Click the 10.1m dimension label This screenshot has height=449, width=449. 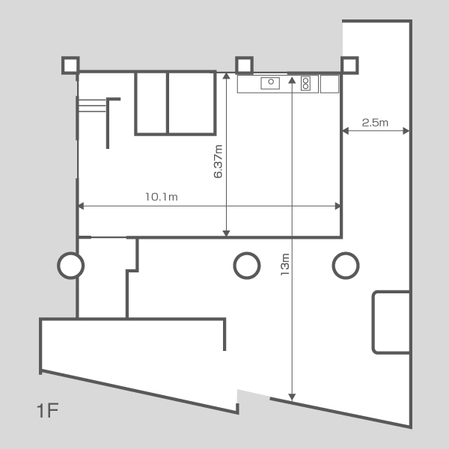162,197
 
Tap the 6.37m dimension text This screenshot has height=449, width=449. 219,162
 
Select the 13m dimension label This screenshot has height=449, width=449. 285,264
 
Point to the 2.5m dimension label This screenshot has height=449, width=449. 375,123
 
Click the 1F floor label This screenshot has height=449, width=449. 48,410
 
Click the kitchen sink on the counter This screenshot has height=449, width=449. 270,83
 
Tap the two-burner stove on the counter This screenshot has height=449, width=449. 305,84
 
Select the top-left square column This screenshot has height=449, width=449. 70,66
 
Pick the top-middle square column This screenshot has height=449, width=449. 244,65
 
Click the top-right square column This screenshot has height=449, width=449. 349,65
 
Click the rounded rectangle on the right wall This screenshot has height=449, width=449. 373,323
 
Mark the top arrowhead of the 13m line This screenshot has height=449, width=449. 292,80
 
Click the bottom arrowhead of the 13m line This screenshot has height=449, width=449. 292,397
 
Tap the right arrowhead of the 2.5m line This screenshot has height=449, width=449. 406,131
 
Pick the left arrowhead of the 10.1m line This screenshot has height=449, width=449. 81,206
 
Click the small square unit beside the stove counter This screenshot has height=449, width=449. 329,84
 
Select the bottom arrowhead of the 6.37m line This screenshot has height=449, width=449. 226,233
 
